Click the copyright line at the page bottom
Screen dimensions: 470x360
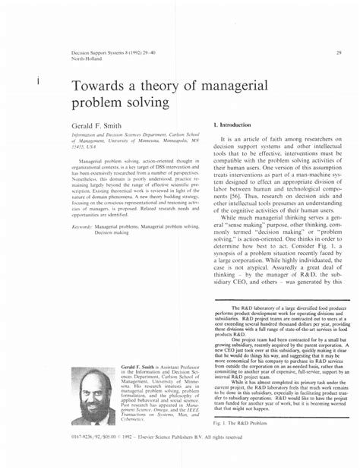(156, 458)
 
